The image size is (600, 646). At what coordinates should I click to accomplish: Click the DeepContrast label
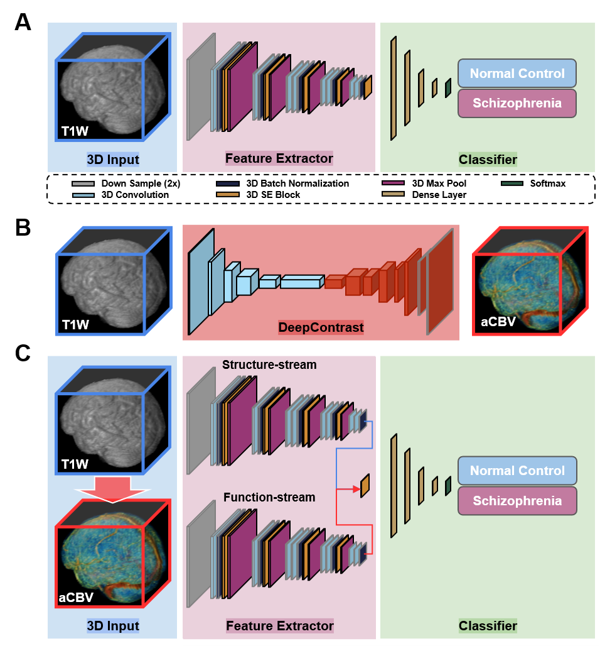tap(321, 327)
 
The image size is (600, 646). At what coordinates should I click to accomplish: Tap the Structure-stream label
tap(269, 364)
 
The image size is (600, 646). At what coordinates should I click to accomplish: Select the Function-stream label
tap(269, 498)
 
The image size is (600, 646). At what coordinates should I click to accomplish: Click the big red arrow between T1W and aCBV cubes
tap(112, 488)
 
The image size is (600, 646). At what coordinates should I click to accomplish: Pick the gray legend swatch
tap(83, 184)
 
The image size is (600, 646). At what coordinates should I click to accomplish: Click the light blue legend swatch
tap(83, 195)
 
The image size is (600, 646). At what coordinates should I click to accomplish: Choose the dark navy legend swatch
tap(227, 184)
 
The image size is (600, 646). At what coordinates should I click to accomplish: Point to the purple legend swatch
tap(393, 183)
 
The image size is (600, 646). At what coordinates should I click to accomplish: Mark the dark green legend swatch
tap(512, 183)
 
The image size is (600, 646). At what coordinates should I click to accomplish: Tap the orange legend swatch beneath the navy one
tap(227, 195)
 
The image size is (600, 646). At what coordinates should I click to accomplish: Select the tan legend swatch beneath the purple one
tap(393, 194)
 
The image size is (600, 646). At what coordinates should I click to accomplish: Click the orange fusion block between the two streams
tap(365, 485)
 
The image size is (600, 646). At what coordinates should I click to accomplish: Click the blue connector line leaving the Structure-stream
tap(355, 449)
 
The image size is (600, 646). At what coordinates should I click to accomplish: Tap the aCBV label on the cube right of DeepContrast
tap(498, 322)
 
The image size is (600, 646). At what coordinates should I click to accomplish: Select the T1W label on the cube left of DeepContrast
tap(75, 325)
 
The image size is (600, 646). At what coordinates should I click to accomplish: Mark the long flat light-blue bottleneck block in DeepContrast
tap(300, 283)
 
